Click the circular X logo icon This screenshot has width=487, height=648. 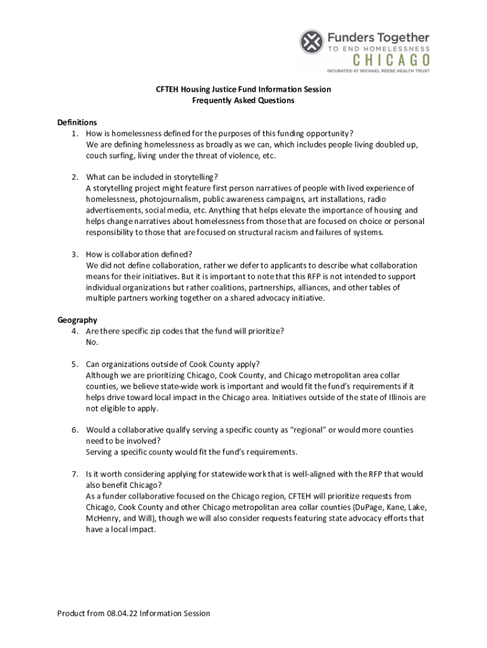[x=312, y=42]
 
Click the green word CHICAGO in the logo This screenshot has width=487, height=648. [x=391, y=60]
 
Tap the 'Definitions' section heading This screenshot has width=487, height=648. [x=77, y=122]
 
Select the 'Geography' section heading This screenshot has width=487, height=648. [x=77, y=320]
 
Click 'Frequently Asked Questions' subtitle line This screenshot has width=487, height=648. [x=244, y=101]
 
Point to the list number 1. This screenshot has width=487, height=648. [x=74, y=134]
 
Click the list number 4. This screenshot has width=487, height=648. [x=74, y=331]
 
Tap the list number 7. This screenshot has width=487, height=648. [x=74, y=474]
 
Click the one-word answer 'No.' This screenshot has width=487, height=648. [x=92, y=342]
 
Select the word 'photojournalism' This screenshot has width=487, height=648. [x=170, y=199]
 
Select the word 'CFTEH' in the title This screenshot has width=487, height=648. [x=169, y=89]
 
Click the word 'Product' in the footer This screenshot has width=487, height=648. [x=72, y=613]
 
